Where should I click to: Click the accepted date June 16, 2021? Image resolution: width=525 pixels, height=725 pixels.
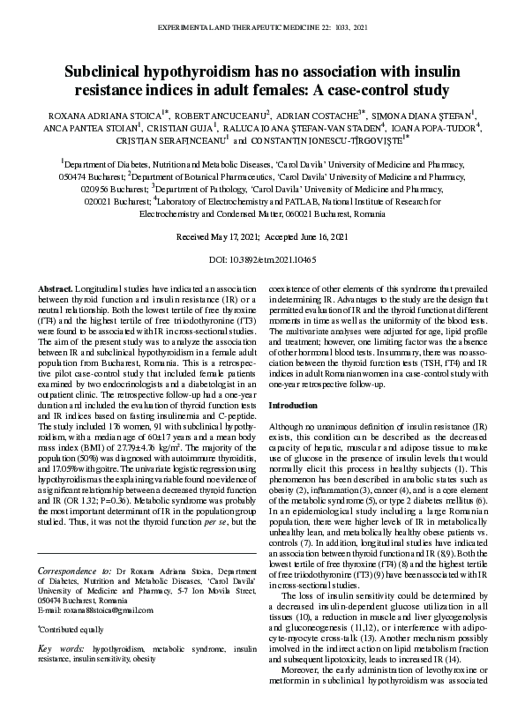pos(315,237)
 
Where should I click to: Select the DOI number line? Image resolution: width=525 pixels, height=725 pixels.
pos(262,260)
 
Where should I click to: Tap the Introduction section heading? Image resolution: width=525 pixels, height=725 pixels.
pos(293,405)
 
